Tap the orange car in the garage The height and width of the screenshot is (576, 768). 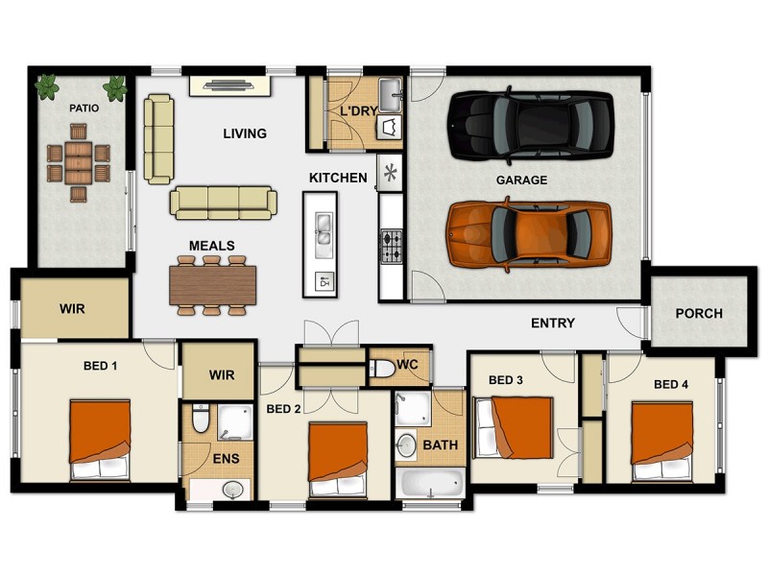(x=529, y=232)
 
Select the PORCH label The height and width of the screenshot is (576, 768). (x=698, y=314)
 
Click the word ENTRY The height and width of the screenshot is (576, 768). (x=553, y=324)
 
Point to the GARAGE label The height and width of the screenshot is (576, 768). (x=521, y=180)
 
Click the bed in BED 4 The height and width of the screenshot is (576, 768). (x=661, y=441)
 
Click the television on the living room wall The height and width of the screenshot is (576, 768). (x=229, y=85)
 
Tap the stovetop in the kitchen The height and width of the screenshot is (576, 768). (x=392, y=246)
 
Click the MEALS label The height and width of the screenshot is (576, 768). (x=211, y=246)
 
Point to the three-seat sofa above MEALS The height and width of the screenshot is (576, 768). (x=224, y=202)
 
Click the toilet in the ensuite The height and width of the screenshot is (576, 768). (x=200, y=419)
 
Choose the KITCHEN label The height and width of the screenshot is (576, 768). (x=338, y=178)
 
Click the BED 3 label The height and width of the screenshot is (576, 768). (x=506, y=380)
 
